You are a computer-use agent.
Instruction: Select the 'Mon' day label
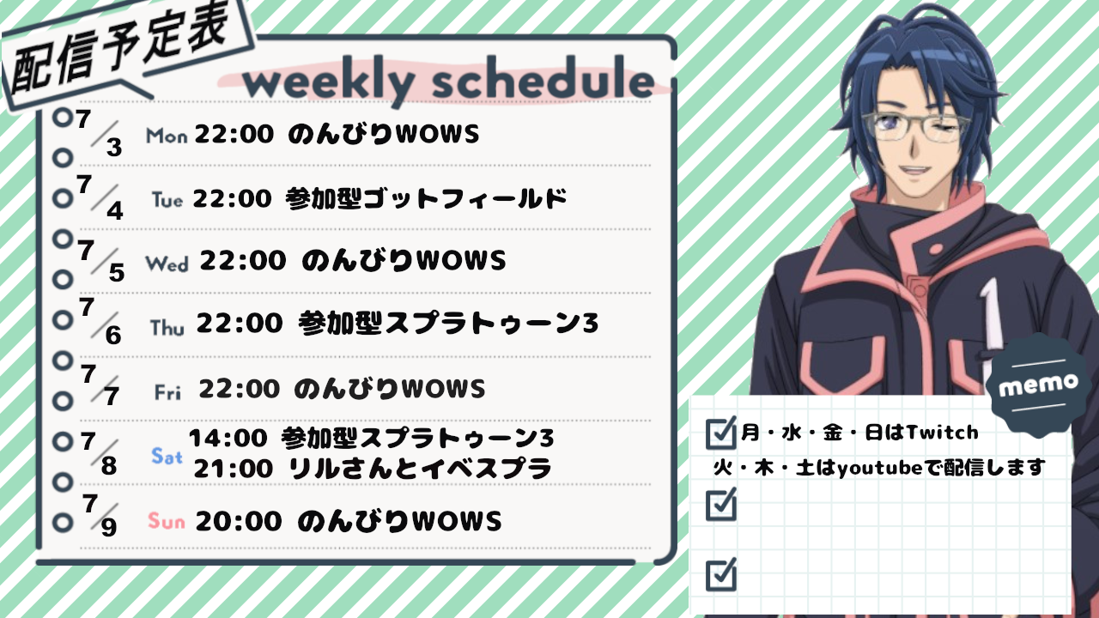[x=167, y=136]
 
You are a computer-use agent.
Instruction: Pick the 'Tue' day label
[x=167, y=199]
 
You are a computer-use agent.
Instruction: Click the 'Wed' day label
[x=167, y=264]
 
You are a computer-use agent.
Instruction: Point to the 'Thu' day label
[x=167, y=328]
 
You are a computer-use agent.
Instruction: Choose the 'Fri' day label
[x=167, y=392]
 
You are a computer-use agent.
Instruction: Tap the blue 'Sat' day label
[x=167, y=456]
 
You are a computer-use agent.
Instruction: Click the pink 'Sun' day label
[x=167, y=520]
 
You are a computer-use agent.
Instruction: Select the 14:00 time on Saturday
[x=228, y=438]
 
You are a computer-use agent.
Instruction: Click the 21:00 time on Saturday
[x=234, y=469]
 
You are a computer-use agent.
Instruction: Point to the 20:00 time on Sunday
[x=239, y=521]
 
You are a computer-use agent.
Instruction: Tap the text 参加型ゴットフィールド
[x=427, y=198]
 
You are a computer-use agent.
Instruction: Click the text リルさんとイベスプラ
[x=421, y=469]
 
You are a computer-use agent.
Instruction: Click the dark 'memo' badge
[x=1038, y=385]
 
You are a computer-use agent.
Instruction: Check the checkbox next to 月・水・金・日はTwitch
[x=720, y=433]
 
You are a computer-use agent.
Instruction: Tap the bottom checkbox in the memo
[x=720, y=574]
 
